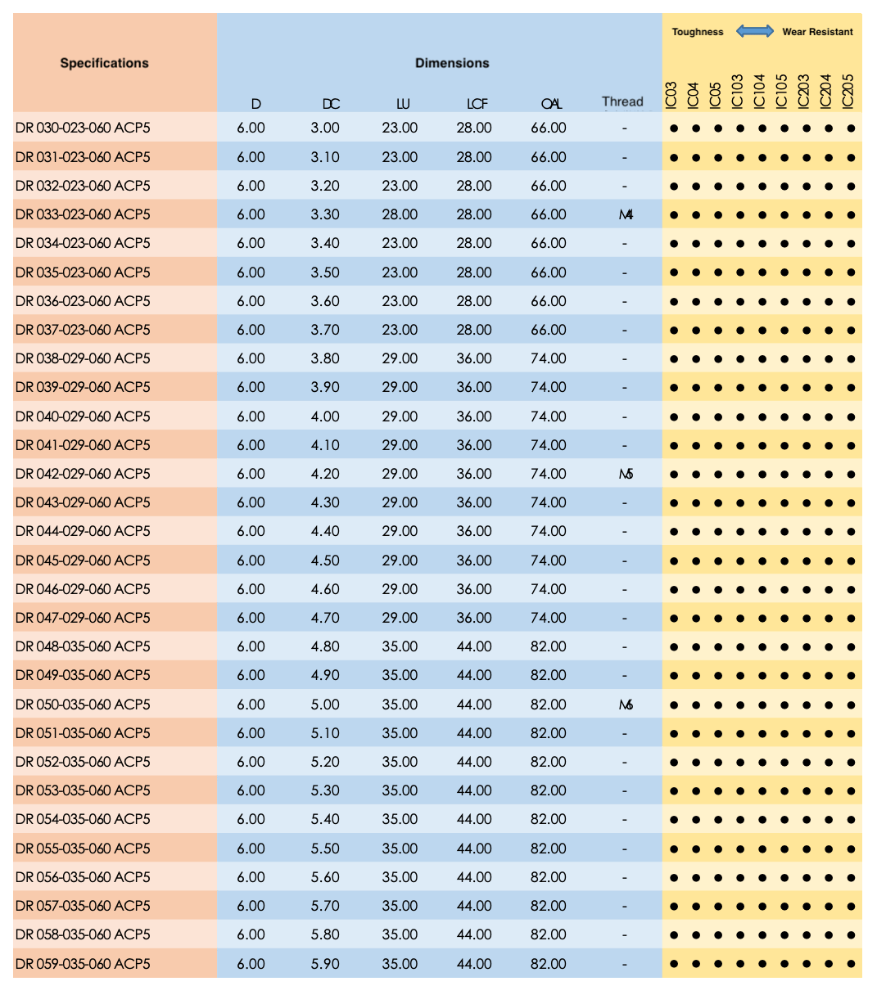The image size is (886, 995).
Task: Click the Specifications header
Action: click(x=104, y=63)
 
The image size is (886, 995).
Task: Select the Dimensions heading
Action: click(x=452, y=63)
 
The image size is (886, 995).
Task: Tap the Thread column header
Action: click(x=622, y=101)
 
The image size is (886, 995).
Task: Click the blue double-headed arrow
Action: click(x=754, y=31)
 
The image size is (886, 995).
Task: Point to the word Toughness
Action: click(x=698, y=32)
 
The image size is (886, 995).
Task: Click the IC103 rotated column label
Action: click(x=737, y=91)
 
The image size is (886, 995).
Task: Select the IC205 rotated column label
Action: click(x=848, y=91)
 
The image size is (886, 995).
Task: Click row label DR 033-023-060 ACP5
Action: click(x=83, y=214)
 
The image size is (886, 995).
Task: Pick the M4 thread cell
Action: click(x=626, y=215)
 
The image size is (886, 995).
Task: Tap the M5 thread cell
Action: click(x=626, y=474)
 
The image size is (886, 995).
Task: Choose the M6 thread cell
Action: click(x=626, y=705)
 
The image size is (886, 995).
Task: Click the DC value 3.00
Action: click(x=325, y=128)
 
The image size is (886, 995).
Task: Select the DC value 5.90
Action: click(x=325, y=963)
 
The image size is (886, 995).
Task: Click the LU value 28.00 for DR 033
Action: click(x=400, y=214)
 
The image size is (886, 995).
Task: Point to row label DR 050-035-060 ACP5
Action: click(x=83, y=704)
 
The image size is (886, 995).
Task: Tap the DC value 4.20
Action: click(x=325, y=474)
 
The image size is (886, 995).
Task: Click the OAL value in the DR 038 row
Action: click(x=548, y=358)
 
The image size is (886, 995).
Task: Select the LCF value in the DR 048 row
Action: click(x=474, y=646)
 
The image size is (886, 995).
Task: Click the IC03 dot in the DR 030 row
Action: click(x=674, y=128)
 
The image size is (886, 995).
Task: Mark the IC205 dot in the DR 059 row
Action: click(x=851, y=964)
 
